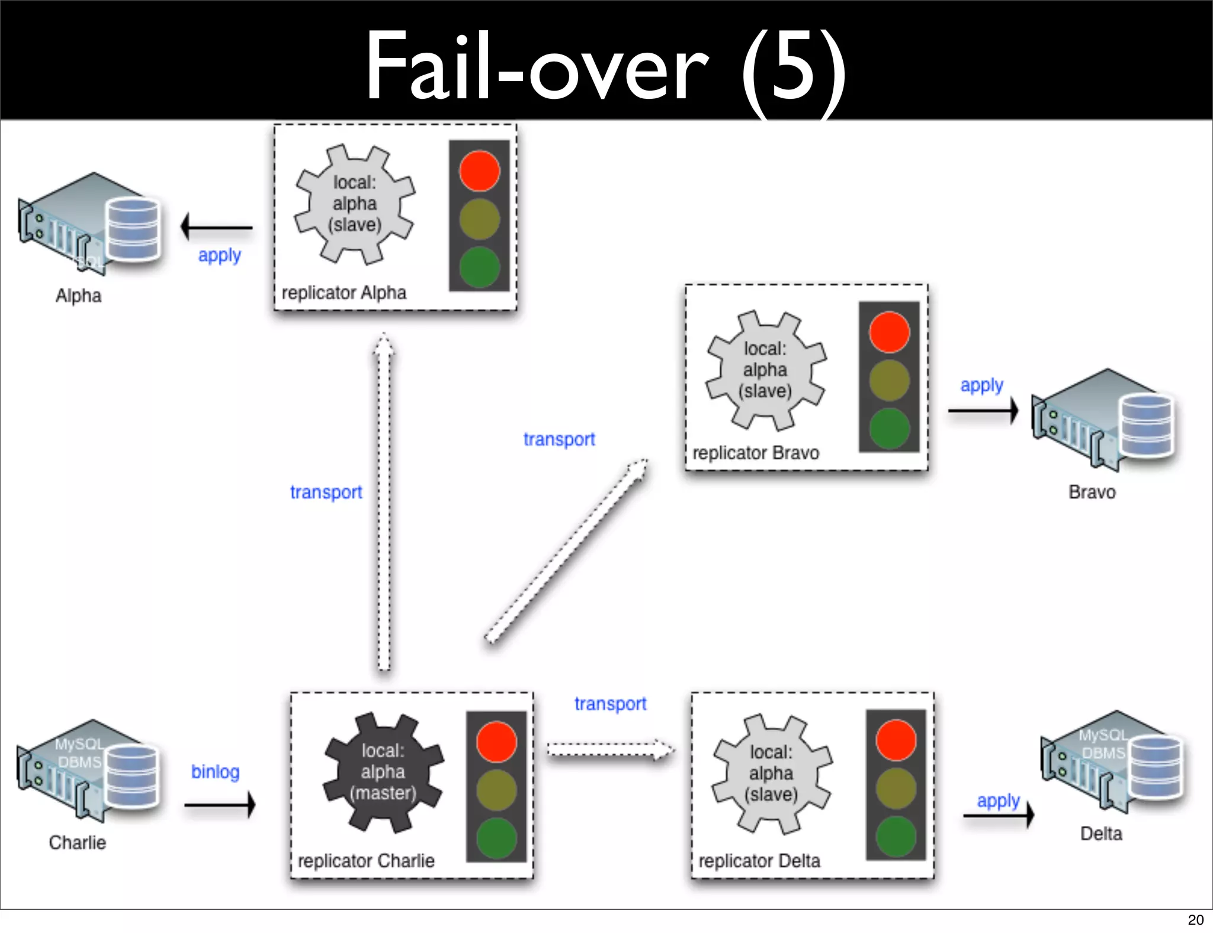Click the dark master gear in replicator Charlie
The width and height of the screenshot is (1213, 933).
(x=383, y=772)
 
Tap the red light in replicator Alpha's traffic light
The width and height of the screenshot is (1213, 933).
(x=479, y=171)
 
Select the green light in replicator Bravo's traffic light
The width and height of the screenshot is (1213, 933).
(x=889, y=428)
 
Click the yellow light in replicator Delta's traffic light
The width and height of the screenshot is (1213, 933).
(x=896, y=789)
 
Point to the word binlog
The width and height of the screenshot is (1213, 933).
(x=216, y=772)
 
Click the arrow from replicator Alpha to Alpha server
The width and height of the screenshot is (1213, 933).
(x=217, y=227)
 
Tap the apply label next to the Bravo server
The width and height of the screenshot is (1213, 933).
(x=981, y=385)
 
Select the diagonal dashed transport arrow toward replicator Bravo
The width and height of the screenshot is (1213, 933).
(x=566, y=551)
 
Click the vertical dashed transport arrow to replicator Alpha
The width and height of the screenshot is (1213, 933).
(x=384, y=503)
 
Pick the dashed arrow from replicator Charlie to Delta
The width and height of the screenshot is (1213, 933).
(x=610, y=750)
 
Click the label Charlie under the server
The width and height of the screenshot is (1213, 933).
(x=78, y=842)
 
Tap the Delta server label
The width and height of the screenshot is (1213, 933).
(x=1101, y=834)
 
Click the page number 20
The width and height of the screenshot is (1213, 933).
(x=1195, y=919)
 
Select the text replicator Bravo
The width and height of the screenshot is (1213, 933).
(x=756, y=453)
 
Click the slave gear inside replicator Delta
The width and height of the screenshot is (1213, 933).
(x=771, y=773)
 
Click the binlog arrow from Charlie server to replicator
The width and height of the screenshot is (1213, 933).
(x=220, y=805)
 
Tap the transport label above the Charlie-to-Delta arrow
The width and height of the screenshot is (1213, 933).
(x=610, y=703)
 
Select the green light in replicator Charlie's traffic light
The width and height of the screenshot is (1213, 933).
(x=496, y=838)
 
